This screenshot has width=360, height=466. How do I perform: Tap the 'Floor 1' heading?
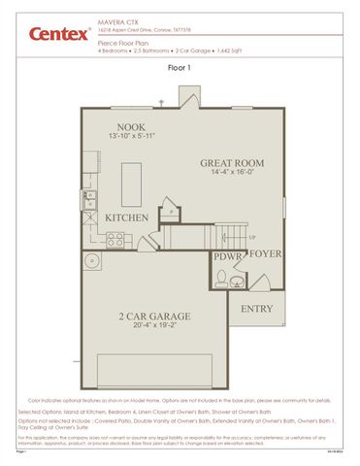click(180, 69)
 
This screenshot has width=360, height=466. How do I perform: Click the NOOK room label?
click(131, 127)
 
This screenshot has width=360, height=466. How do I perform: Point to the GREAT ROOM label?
click(232, 162)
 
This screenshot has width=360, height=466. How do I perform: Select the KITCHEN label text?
click(126, 216)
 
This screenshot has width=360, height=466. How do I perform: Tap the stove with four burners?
click(115, 238)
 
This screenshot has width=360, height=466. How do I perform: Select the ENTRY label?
click(257, 308)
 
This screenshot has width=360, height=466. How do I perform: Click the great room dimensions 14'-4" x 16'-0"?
click(232, 172)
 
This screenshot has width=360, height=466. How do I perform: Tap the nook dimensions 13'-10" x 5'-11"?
click(131, 137)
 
